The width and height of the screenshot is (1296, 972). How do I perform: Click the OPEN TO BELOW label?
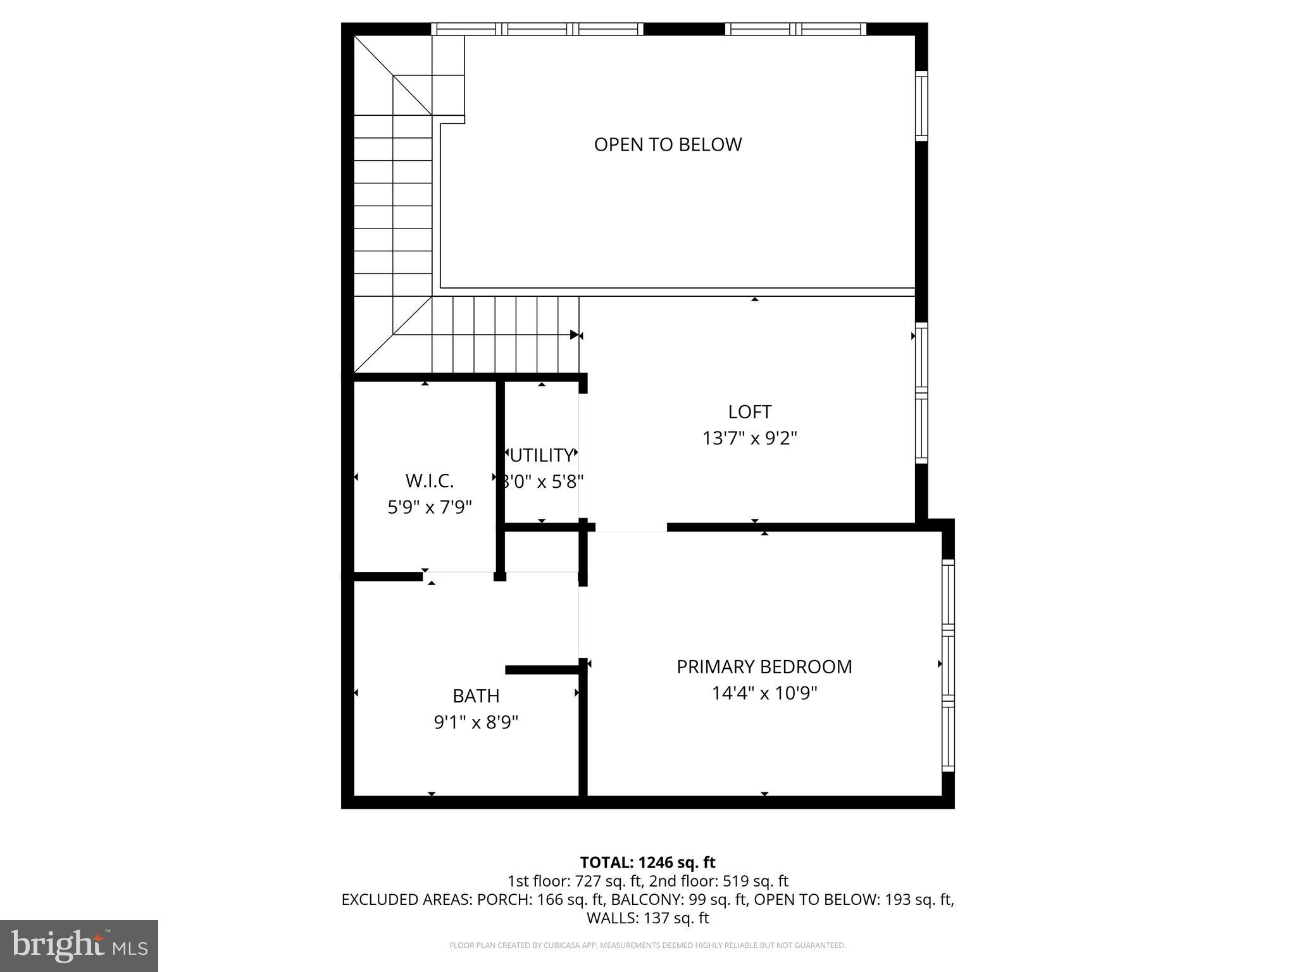tap(668, 144)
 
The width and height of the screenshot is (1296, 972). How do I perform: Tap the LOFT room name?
tap(749, 412)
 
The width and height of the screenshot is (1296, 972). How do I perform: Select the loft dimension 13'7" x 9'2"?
tap(749, 439)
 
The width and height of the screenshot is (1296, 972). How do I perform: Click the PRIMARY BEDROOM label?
tap(764, 667)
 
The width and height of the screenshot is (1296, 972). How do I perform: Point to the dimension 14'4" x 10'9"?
tap(764, 694)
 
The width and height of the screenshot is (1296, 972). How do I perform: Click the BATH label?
tap(476, 696)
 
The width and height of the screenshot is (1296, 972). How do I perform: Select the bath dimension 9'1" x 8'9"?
tap(476, 723)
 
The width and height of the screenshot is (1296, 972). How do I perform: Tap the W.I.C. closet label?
tap(430, 481)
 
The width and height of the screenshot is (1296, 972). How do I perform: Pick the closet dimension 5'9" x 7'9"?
tap(430, 508)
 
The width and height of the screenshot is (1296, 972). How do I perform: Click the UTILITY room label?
tap(542, 456)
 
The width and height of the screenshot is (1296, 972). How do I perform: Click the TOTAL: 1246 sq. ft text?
tap(647, 863)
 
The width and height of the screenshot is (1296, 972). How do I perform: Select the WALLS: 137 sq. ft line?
tap(647, 918)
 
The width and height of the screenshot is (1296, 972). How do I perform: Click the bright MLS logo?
tap(79, 945)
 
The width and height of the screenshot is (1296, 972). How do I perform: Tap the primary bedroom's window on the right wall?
tap(947, 664)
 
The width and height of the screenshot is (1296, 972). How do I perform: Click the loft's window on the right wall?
tap(921, 392)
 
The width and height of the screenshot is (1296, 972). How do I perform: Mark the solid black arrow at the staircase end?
tap(574, 335)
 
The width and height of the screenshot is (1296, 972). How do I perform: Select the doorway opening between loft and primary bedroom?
tap(631, 528)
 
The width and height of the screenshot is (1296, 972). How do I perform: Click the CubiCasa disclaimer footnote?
tap(647, 945)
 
